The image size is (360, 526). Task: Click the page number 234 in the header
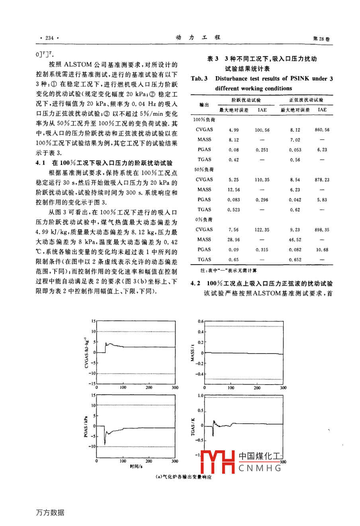tap(49, 38)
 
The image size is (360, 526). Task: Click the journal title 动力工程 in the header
tap(198, 37)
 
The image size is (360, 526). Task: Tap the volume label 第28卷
tap(321, 39)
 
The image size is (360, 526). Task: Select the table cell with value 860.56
tap(322, 130)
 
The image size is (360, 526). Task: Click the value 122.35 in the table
tap(262, 230)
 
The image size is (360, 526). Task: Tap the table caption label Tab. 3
tap(199, 79)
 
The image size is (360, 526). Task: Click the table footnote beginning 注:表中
tap(223, 271)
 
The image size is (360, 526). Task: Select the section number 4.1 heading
tap(41, 163)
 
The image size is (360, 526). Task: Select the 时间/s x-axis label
tap(136, 466)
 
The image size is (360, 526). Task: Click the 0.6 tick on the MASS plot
tap(200, 322)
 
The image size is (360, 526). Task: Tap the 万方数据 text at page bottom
tap(50, 512)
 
